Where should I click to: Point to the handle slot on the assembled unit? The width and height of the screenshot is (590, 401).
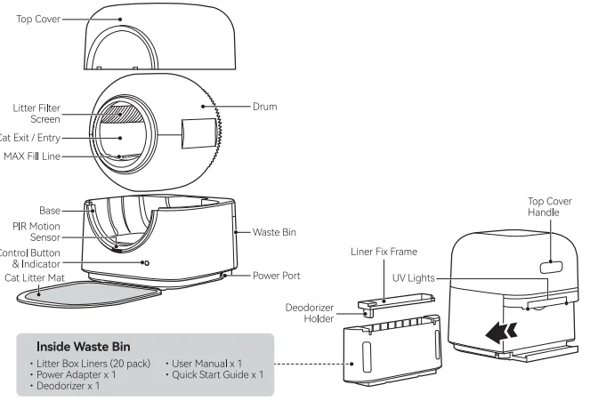[x=550, y=263]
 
